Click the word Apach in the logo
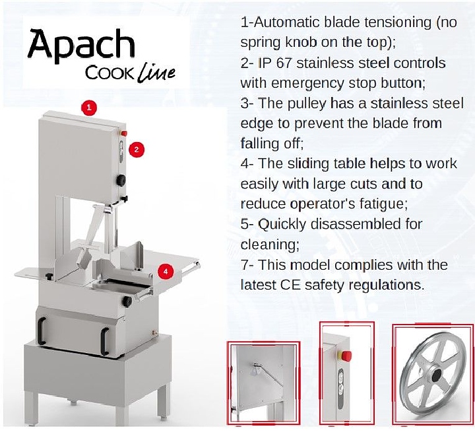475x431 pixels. pyautogui.click(x=80, y=45)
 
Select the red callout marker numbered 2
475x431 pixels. pyautogui.click(x=136, y=149)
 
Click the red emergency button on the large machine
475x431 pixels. pyautogui.click(x=124, y=134)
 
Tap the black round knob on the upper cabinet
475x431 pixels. pyautogui.click(x=122, y=180)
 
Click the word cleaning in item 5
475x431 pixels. pyautogui.click(x=269, y=245)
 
